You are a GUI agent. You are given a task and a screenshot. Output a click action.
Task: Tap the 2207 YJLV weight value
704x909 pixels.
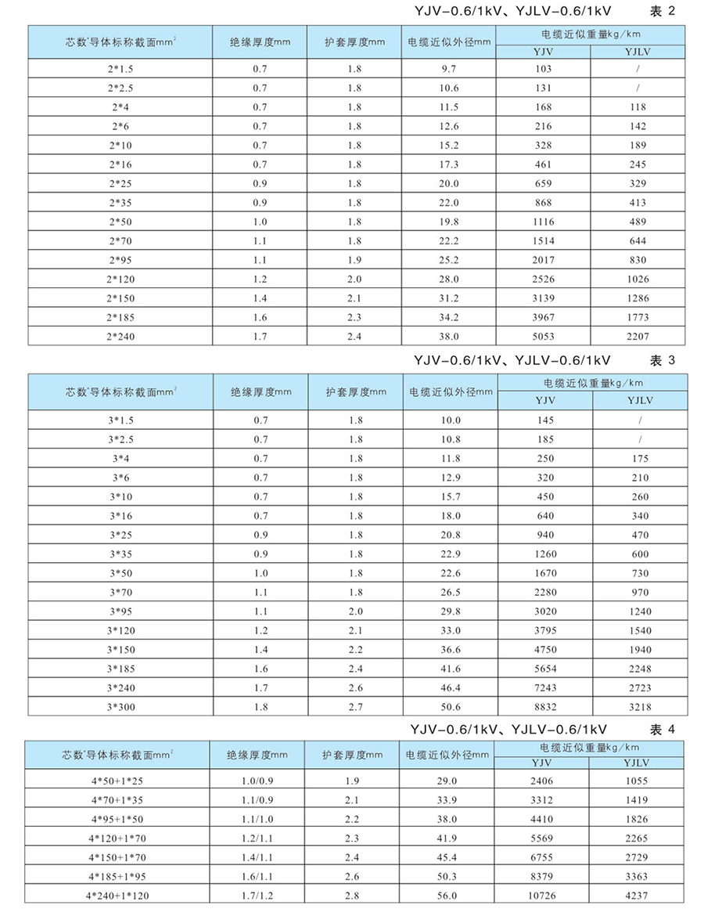(638, 335)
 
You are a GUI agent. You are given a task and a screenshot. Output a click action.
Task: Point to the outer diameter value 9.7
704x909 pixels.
(448, 69)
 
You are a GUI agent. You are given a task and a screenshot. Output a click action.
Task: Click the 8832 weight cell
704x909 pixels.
(544, 706)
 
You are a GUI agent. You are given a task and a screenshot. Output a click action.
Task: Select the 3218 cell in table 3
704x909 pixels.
(638, 706)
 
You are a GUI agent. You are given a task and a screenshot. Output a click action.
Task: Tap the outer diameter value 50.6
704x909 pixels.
(448, 706)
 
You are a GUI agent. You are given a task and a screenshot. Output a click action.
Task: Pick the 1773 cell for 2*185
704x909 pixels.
(638, 316)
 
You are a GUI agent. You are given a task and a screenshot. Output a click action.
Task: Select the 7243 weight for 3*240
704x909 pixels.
(544, 687)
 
